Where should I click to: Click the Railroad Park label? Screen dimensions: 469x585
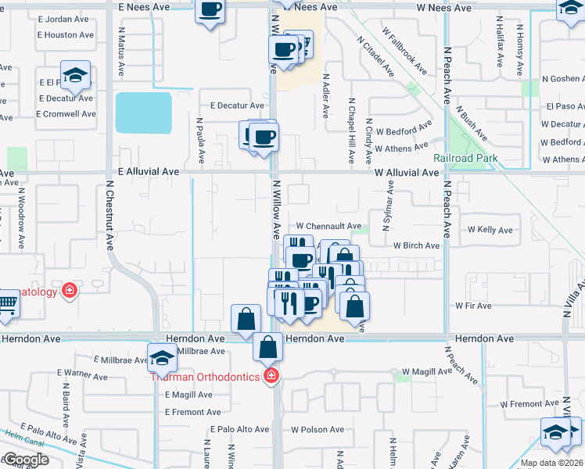[466, 159]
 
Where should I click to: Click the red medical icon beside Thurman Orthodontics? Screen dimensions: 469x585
[271, 377]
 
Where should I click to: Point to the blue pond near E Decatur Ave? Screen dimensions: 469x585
[143, 113]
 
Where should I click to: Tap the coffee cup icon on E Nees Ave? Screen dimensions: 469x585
[210, 11]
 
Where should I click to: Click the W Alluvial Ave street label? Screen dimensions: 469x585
[406, 172]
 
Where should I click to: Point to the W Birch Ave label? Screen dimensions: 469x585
[416, 245]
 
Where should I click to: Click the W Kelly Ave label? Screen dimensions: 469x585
[490, 230]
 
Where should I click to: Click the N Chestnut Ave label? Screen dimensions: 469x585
[109, 218]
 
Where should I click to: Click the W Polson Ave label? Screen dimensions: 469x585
[318, 429]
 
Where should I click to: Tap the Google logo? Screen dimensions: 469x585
[25, 460]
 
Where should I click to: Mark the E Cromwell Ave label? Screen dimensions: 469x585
[66, 113]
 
